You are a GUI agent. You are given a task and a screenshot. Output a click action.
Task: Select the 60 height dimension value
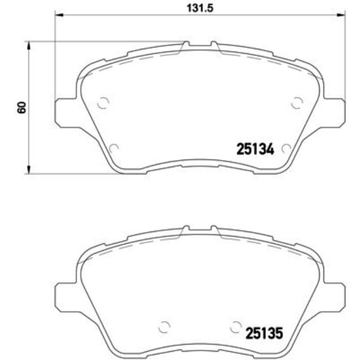point(21,107)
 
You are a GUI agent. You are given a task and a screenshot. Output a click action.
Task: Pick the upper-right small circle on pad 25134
point(297,102)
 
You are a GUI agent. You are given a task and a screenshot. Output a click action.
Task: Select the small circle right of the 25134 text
point(286,148)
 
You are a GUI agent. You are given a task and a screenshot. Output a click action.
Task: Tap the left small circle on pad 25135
point(163,327)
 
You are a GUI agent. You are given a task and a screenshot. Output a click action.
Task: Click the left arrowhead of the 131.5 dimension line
point(58,16)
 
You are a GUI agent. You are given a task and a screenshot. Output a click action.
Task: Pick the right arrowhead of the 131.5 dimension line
point(342,16)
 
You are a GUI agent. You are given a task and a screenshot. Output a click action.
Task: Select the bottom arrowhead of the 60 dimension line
point(29,170)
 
